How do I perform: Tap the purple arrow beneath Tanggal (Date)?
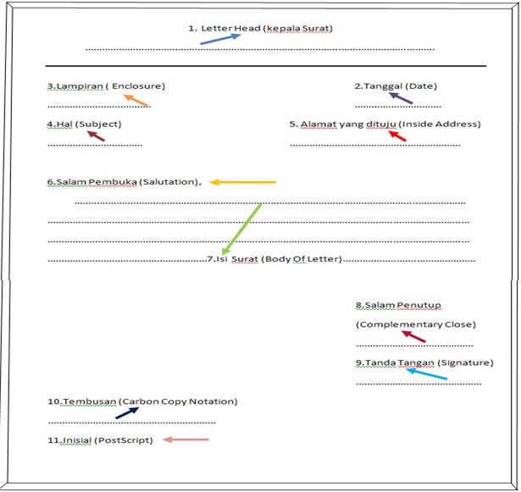(400, 97)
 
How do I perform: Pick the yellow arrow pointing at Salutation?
(243, 181)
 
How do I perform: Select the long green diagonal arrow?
(241, 228)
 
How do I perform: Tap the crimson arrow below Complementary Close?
(413, 336)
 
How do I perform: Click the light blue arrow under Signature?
(426, 373)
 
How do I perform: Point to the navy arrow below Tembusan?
(127, 412)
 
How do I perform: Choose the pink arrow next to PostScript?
(186, 439)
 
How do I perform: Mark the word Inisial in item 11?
(75, 440)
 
